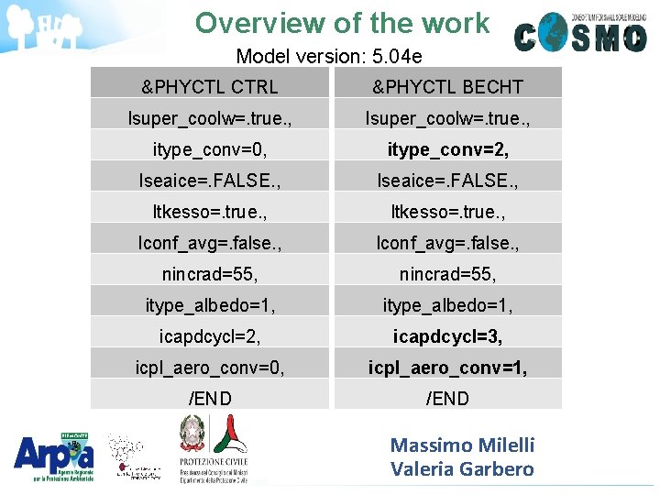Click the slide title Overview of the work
coord(342,23)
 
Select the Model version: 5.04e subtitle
coord(328,56)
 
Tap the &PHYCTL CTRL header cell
coord(210,87)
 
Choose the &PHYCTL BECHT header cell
coord(447,87)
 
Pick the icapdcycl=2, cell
coord(210,336)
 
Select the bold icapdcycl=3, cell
coord(447,336)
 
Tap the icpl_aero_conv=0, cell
coord(210,368)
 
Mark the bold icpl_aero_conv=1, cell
coord(447,368)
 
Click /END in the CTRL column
coord(210,398)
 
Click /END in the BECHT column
coord(447,398)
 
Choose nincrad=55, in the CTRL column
coord(210,273)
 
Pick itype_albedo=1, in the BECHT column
coord(447,304)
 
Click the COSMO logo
coord(580,33)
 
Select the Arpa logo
coord(53,455)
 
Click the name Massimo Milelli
coord(462,445)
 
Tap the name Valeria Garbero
coord(462,469)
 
